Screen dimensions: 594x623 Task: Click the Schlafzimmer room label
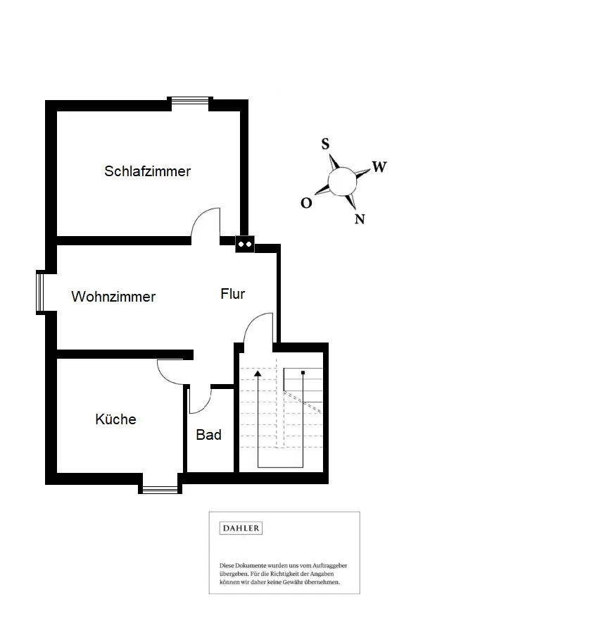[147, 171]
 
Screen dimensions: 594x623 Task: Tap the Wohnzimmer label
[113, 297]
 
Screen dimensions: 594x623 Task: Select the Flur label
[232, 294]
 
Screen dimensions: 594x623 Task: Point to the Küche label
[115, 419]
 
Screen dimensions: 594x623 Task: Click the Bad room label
[209, 435]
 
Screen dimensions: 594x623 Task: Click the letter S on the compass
[325, 144]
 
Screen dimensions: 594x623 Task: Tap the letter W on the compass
[379, 167]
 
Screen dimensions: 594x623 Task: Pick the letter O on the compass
[306, 203]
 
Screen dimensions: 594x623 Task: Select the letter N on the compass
[360, 219]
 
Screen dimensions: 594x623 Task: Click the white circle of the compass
[342, 182]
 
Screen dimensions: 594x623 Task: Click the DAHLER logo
[241, 528]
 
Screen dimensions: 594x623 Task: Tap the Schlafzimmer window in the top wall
[190, 101]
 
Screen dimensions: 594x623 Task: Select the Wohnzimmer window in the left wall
[40, 292]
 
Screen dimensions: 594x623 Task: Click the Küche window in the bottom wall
[160, 490]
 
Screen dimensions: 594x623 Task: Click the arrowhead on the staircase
[258, 374]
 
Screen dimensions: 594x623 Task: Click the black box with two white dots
[245, 244]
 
